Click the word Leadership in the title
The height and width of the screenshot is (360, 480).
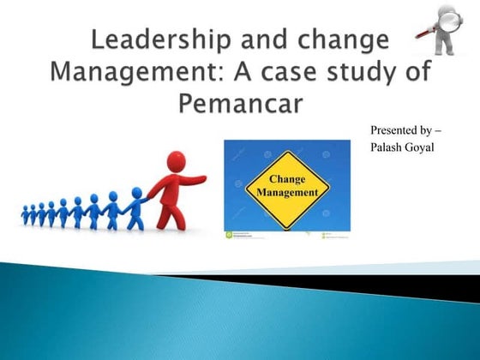coord(137,41)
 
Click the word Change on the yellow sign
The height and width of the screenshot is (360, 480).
coord(287,180)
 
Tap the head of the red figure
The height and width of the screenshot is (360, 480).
coord(175,161)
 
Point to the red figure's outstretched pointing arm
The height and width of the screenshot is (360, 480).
coord(194,181)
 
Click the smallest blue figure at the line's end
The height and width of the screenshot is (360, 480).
coord(26,214)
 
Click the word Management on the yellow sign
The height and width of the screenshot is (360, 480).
coord(287,194)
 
